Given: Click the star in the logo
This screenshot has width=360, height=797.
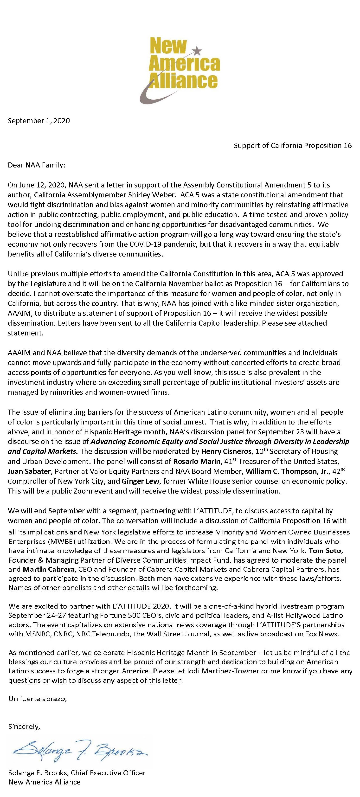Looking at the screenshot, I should pyautogui.click(x=197, y=49).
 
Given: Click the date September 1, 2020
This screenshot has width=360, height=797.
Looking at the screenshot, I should pyautogui.click(x=39, y=121).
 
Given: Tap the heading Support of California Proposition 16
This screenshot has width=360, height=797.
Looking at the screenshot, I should pyautogui.click(x=293, y=145).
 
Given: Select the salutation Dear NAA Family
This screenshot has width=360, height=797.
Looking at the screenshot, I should pyautogui.click(x=37, y=165).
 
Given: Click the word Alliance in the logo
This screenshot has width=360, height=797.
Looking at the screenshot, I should pyautogui.click(x=183, y=80).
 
